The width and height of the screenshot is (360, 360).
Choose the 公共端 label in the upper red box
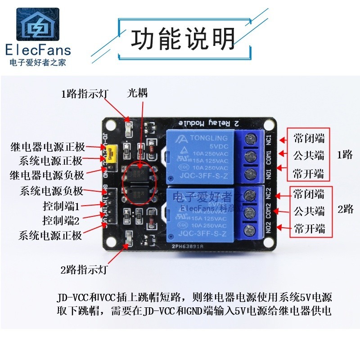tap(309, 156)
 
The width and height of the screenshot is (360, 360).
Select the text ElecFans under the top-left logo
tap(39, 49)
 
